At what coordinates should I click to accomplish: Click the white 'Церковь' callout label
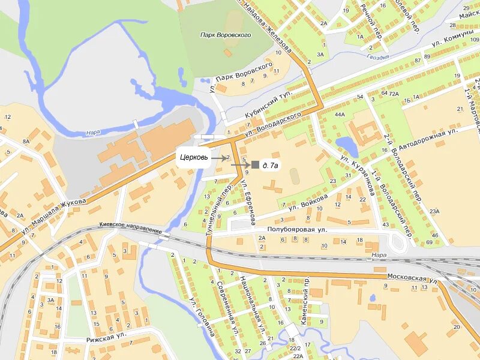[x=193, y=158]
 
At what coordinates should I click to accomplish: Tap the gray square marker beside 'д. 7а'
[x=255, y=164]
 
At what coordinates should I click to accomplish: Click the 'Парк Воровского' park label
[x=226, y=35]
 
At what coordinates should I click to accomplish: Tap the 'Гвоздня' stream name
[x=378, y=57]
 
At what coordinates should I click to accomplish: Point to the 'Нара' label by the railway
[x=379, y=254]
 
